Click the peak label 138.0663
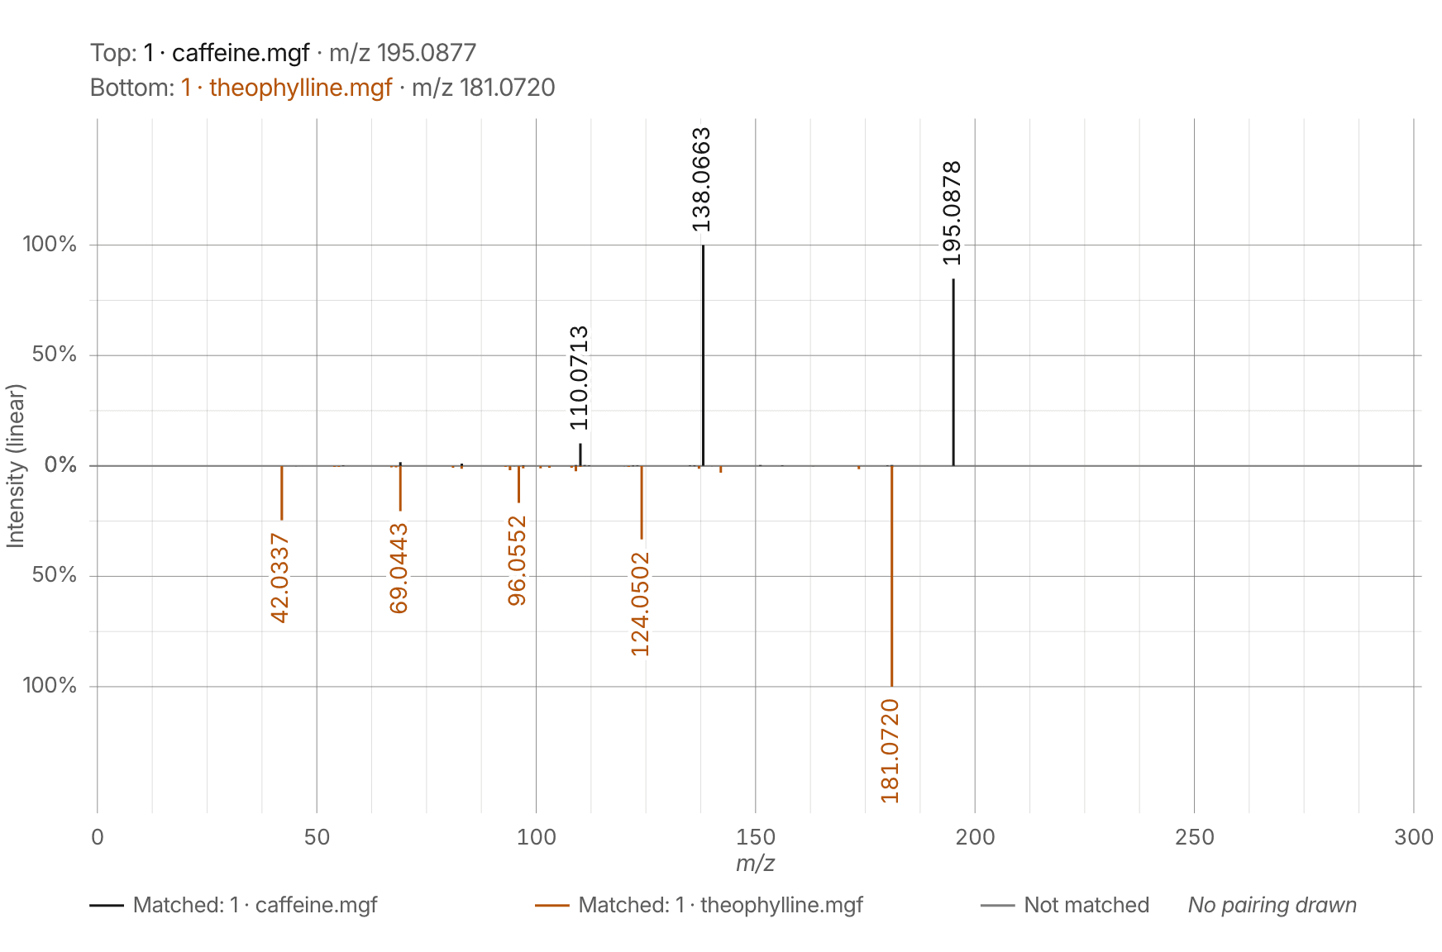701,179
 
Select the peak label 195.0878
952,213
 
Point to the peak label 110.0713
579,378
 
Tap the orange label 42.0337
280,578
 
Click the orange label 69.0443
399,569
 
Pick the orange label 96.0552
517,560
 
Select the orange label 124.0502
640,604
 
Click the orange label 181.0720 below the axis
890,750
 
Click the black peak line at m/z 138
703,355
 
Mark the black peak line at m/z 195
953,373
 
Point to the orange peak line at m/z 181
891,576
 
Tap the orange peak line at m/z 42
282,493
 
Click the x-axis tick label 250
1194,837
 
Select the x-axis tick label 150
755,837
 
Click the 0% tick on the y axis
60,465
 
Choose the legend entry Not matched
1065,905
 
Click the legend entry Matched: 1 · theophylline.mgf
699,905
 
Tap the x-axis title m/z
755,864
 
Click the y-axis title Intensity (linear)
15,465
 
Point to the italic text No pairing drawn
1272,905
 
